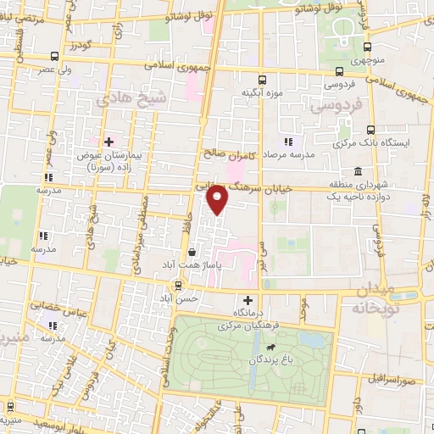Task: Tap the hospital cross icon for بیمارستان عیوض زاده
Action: pos(108,141)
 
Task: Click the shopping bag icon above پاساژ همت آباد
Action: pos(192,252)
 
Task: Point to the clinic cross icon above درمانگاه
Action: pos(248,300)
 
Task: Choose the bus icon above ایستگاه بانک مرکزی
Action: pos(370,130)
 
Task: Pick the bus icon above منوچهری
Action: pos(367,47)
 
